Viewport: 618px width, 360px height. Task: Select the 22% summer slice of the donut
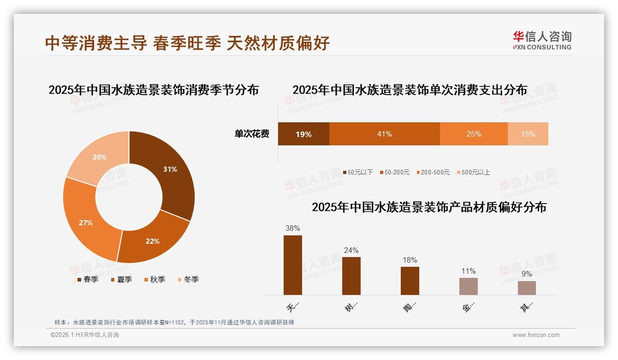pyautogui.click(x=152, y=239)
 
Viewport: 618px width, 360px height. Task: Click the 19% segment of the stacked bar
pyautogui.click(x=303, y=134)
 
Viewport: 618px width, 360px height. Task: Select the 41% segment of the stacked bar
pyautogui.click(x=384, y=134)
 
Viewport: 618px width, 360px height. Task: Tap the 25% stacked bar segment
pyautogui.click(x=474, y=134)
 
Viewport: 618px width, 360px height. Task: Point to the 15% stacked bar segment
pyautogui.click(x=528, y=134)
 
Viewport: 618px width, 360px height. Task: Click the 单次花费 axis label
pyautogui.click(x=252, y=134)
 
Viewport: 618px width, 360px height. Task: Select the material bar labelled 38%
pyautogui.click(x=293, y=265)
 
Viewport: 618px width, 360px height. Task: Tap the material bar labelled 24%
pyautogui.click(x=351, y=276)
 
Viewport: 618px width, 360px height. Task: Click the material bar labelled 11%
pyautogui.click(x=469, y=286)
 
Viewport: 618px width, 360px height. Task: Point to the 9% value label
pyautogui.click(x=527, y=274)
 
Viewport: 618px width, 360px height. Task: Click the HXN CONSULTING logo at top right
pyautogui.click(x=542, y=40)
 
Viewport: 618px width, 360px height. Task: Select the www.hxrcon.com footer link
pyautogui.click(x=536, y=335)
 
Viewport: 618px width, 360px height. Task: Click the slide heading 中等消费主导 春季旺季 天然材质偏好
pyautogui.click(x=187, y=43)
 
